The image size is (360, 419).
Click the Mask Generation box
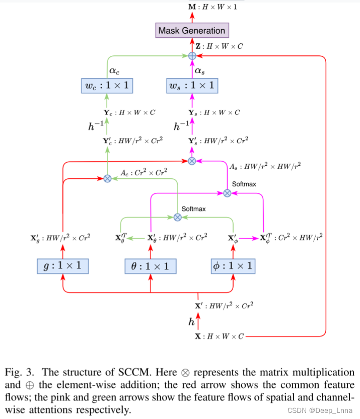pos(191,30)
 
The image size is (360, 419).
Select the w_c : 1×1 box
pos(106,86)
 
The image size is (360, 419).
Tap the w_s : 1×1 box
pos(192,86)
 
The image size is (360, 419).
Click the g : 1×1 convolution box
pos(63,265)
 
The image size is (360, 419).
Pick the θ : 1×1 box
pos(151,265)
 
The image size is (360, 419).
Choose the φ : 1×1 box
pos(233,265)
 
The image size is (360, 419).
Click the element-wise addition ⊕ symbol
pos(192,56)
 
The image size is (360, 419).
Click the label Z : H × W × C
pos(219,46)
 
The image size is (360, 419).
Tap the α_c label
pos(114,71)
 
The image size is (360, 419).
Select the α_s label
pos(200,71)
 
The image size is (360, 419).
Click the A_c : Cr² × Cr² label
pos(143,173)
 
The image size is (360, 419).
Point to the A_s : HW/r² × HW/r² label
pos(265,165)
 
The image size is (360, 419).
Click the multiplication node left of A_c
pos(107,178)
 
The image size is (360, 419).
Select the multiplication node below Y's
pos(192,161)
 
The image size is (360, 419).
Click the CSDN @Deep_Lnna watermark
pos(320,411)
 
